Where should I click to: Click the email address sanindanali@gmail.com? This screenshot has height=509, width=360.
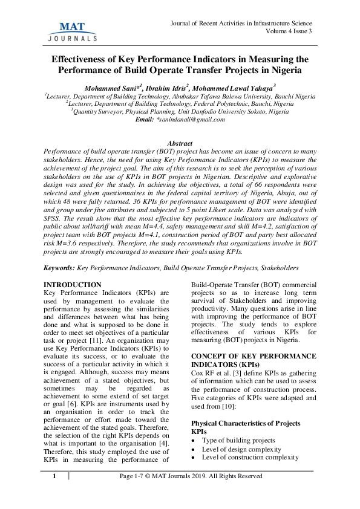(192, 120)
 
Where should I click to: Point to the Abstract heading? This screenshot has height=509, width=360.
(179, 143)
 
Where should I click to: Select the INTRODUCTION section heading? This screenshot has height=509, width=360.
(73, 284)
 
